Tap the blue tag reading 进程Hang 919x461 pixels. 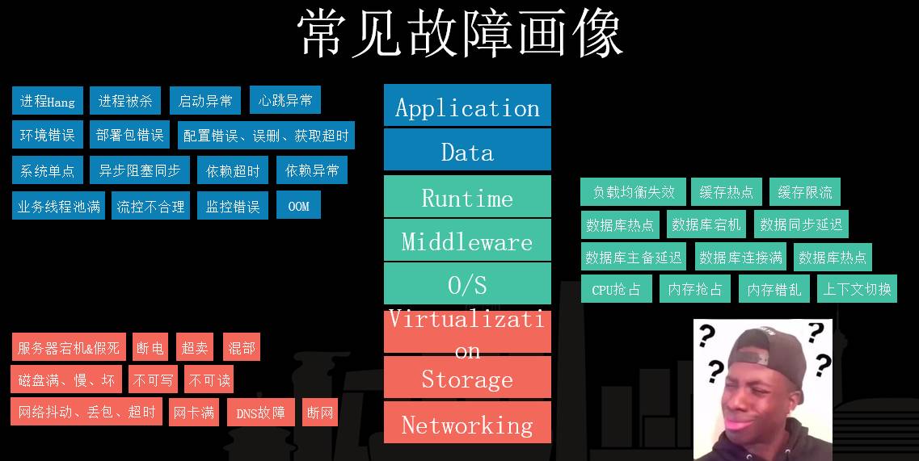(x=48, y=101)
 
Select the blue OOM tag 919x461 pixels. (x=298, y=206)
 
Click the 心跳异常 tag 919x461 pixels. (x=285, y=100)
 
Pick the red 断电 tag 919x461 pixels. (x=150, y=348)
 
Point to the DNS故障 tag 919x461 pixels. (x=260, y=413)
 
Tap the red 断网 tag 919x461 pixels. (x=320, y=413)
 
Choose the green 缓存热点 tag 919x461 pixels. (x=727, y=192)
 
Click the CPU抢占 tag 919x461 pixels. (x=616, y=289)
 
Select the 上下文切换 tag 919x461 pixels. (x=857, y=289)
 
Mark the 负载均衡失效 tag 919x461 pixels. (x=633, y=192)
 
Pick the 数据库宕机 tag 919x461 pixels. (x=706, y=224)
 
